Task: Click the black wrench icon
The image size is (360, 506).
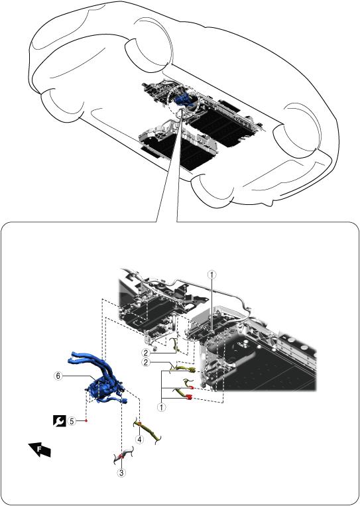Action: [x=60, y=421]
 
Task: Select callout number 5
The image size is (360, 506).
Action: [x=72, y=421]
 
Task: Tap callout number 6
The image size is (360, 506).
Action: [x=58, y=376]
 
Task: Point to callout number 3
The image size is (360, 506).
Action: [x=121, y=473]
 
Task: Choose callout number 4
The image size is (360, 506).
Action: [x=139, y=440]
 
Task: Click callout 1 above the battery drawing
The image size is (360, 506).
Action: [x=212, y=275]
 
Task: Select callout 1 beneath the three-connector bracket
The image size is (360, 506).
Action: [x=161, y=407]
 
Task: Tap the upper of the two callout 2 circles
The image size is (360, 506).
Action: [x=146, y=353]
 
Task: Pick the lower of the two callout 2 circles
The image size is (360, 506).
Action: [x=146, y=362]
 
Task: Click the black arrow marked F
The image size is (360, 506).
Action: [x=40, y=449]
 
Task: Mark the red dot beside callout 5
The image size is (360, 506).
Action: [x=86, y=421]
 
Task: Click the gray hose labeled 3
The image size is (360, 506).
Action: [x=123, y=456]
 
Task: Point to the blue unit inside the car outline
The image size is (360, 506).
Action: [x=184, y=99]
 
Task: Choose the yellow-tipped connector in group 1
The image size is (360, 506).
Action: [x=183, y=369]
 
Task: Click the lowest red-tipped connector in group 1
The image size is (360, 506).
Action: [x=184, y=395]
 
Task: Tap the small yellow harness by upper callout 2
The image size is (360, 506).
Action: [x=176, y=345]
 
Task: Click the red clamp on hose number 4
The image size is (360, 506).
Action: [x=140, y=423]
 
